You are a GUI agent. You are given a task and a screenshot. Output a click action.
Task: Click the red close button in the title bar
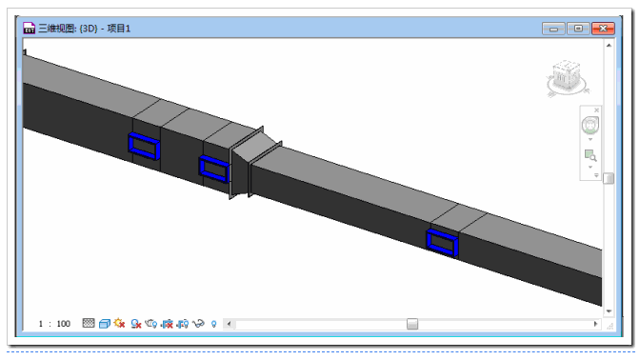pyautogui.click(x=603, y=29)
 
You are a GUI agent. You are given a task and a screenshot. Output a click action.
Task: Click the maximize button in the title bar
pyautogui.click(x=578, y=29)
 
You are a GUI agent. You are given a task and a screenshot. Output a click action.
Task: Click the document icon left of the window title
pyautogui.click(x=29, y=28)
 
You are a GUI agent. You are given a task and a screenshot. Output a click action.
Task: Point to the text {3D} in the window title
pyautogui.click(x=89, y=29)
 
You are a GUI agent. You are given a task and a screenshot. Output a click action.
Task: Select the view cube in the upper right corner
pyautogui.click(x=567, y=78)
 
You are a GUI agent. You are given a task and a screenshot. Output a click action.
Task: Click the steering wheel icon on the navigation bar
pyautogui.click(x=590, y=126)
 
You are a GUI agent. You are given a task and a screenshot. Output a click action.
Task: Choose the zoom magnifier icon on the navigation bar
pyautogui.click(x=590, y=155)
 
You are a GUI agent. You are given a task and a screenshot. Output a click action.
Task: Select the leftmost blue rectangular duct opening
pyautogui.click(x=144, y=146)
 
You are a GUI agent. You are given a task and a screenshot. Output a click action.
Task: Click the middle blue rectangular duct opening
pyautogui.click(x=214, y=169)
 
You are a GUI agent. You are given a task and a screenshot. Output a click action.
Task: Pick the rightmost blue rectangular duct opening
pyautogui.click(x=443, y=243)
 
